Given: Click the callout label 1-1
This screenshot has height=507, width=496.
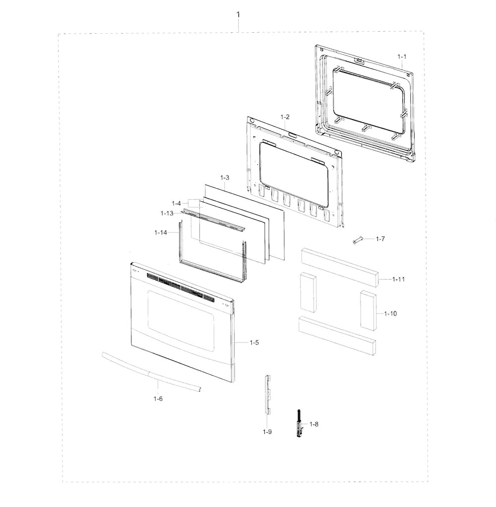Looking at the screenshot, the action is (x=402, y=56).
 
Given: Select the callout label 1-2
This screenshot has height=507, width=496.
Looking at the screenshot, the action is (x=285, y=117).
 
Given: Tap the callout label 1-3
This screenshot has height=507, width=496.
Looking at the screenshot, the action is (x=225, y=177).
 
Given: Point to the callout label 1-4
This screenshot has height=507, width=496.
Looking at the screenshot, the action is (x=176, y=203).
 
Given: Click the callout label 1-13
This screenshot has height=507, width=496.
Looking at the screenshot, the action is (x=167, y=214).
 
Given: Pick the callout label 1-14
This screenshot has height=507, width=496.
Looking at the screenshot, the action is (x=161, y=232).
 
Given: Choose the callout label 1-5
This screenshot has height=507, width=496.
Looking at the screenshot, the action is (x=254, y=342).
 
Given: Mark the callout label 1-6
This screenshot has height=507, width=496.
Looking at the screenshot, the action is (x=158, y=398).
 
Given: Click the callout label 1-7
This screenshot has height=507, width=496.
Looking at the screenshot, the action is (x=380, y=239).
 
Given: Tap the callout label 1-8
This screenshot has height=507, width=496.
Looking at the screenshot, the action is (x=314, y=424).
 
